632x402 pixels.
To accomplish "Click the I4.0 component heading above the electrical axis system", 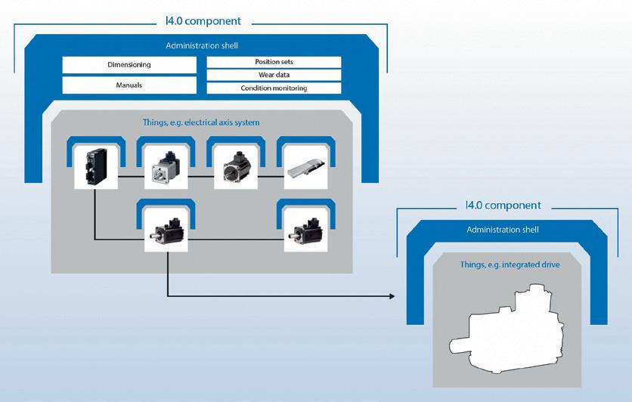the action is pos(203,21).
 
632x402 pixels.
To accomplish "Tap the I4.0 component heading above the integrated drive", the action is pos(503,205).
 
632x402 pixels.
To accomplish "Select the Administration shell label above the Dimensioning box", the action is pos(202,45).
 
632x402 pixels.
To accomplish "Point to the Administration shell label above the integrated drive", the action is pos(503,230).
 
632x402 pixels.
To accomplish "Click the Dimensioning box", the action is pos(129,65).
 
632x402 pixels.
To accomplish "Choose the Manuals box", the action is pos(129,85).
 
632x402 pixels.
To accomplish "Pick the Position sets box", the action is pos(274,62).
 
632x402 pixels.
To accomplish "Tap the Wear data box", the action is pos(274,75).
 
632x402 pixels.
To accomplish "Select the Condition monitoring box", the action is pos(274,88).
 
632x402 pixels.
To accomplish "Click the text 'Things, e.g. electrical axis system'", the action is pos(201,122).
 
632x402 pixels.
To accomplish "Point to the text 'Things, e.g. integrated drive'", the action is pos(510,264).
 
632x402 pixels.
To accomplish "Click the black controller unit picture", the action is pos(96,167).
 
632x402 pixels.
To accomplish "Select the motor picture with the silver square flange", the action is pos(166,167).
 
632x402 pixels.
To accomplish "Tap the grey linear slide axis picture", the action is pos(306,167).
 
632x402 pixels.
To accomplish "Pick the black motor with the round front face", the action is pos(236,167).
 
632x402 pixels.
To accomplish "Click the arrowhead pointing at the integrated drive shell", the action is pos(392,296).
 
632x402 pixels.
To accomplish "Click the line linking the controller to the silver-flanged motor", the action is pos(131,176).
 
